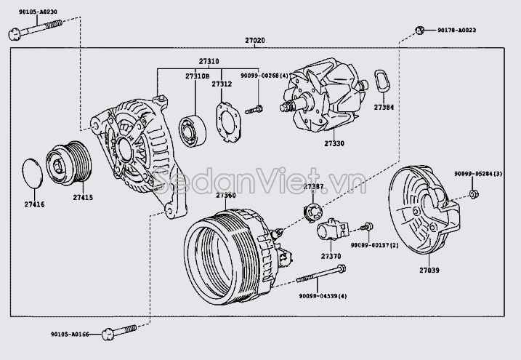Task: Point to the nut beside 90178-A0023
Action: pyautogui.click(x=420, y=30)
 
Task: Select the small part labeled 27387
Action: pyautogui.click(x=313, y=212)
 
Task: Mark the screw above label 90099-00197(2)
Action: pyautogui.click(x=368, y=227)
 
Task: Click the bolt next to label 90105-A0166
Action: pyautogui.click(x=120, y=332)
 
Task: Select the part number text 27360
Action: pyautogui.click(x=226, y=195)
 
